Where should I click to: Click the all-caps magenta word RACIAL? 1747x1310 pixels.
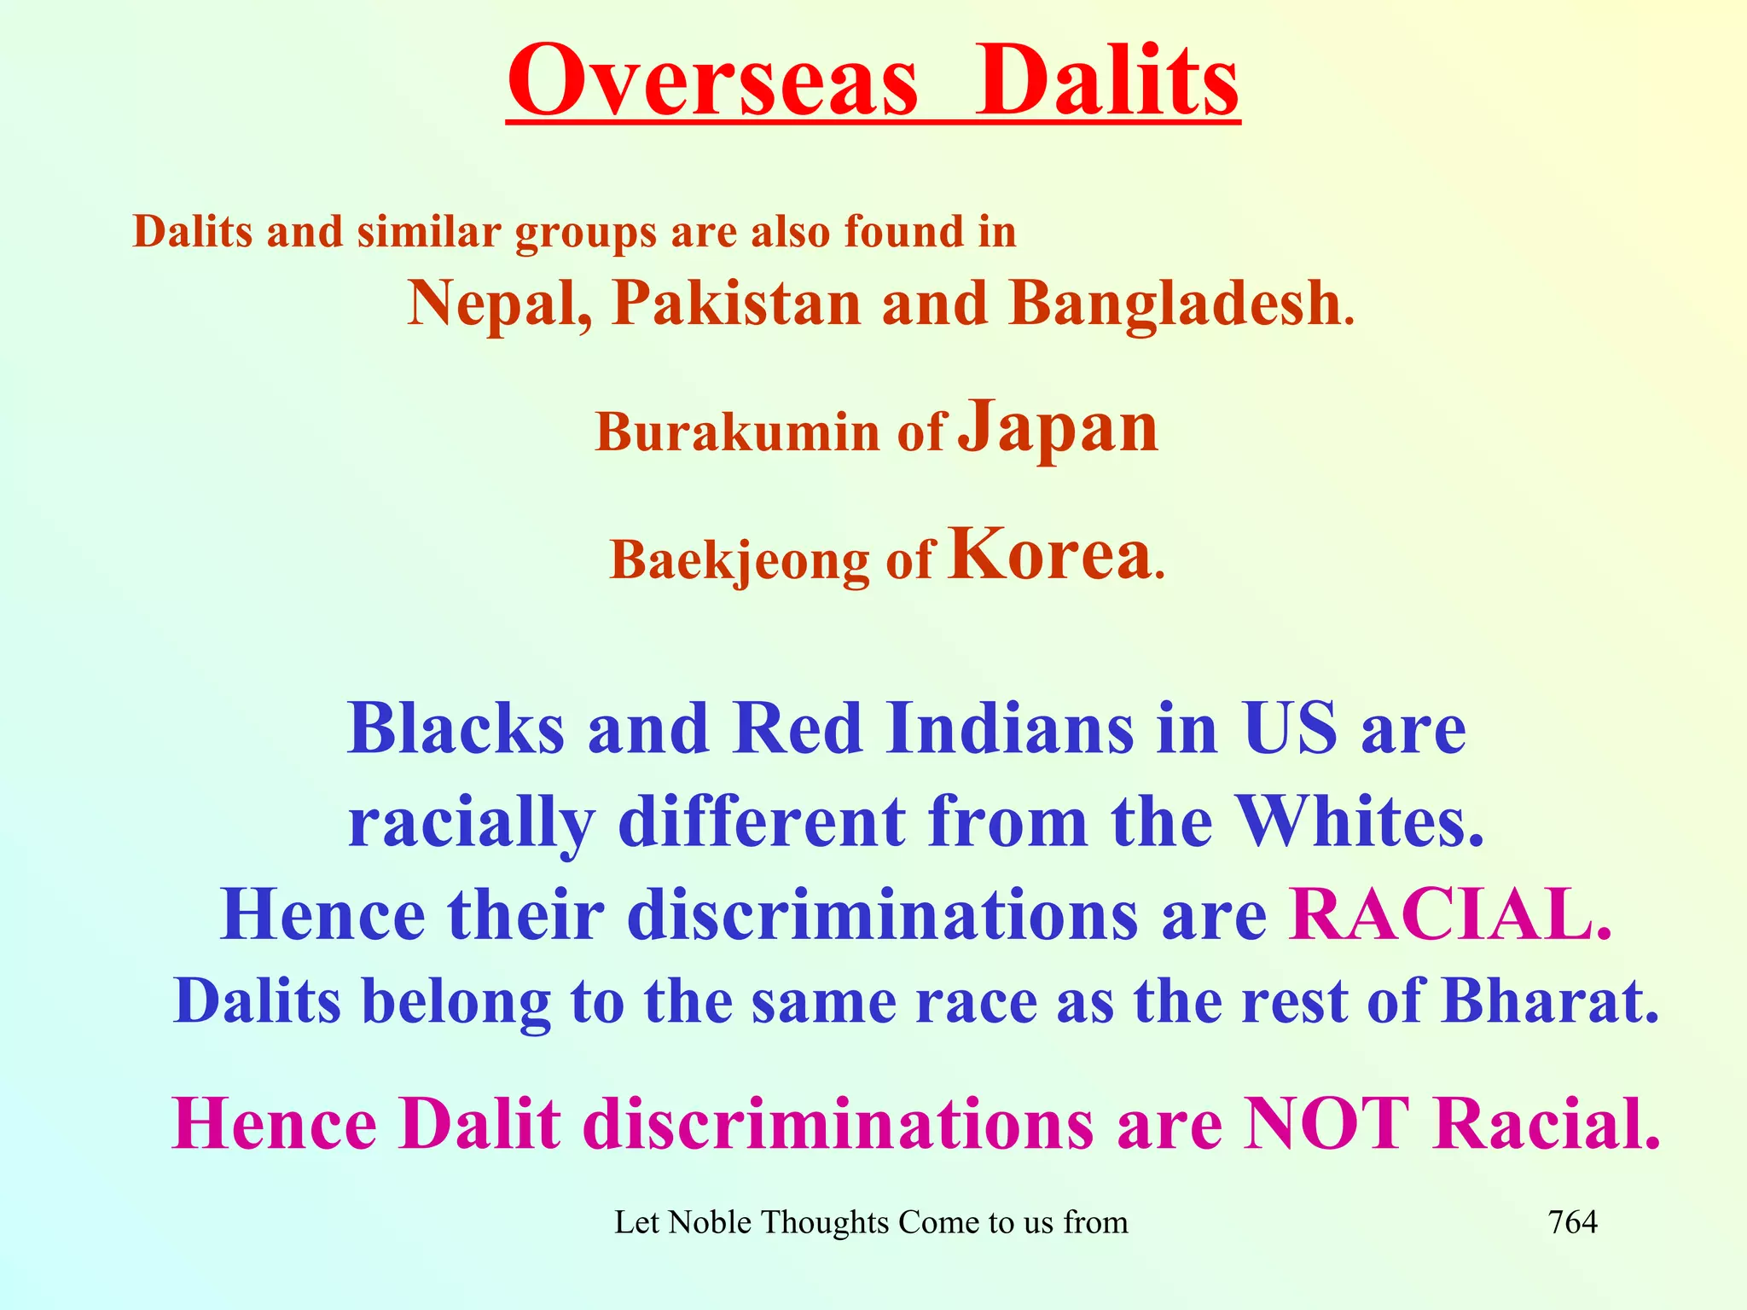(1450, 914)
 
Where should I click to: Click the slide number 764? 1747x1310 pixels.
(1572, 1223)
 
